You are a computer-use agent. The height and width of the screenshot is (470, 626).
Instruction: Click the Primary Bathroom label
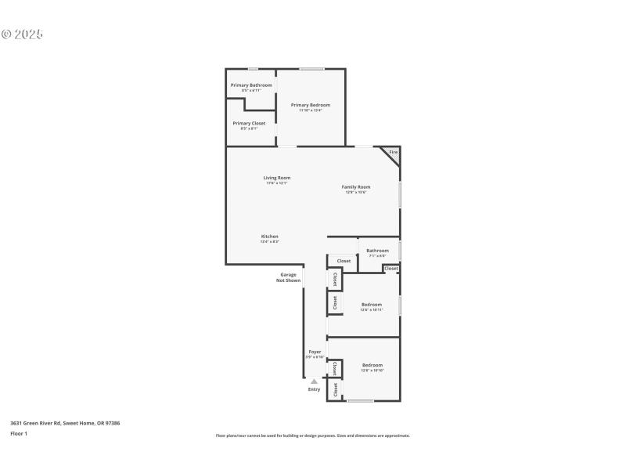pyautogui.click(x=251, y=85)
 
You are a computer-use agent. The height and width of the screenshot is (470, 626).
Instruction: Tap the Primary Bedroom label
pyautogui.click(x=311, y=105)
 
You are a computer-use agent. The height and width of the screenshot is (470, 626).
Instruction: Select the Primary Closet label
pyautogui.click(x=249, y=124)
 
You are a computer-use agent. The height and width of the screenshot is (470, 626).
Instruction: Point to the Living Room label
pyautogui.click(x=277, y=178)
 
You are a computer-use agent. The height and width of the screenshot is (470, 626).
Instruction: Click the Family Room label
pyautogui.click(x=356, y=187)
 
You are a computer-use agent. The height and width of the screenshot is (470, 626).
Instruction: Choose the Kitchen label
pyautogui.click(x=270, y=237)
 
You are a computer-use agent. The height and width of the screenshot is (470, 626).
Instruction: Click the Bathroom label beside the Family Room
pyautogui.click(x=377, y=251)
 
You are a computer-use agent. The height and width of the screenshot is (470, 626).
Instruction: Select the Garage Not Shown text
pyautogui.click(x=288, y=277)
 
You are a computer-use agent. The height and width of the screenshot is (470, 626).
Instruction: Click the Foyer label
pyautogui.click(x=315, y=352)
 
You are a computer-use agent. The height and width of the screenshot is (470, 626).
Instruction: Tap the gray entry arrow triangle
pyautogui.click(x=315, y=381)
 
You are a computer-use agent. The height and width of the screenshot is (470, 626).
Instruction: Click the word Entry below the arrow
pyautogui.click(x=315, y=389)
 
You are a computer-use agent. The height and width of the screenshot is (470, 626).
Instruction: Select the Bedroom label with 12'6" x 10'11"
pyautogui.click(x=372, y=305)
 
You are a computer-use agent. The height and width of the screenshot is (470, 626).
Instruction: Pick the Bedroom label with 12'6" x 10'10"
pyautogui.click(x=372, y=366)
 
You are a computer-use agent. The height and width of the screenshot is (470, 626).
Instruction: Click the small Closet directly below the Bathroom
pyautogui.click(x=391, y=269)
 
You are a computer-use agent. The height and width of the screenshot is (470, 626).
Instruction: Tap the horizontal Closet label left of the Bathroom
pyautogui.click(x=344, y=261)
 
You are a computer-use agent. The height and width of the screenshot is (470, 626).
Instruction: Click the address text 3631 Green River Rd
pyautogui.click(x=65, y=423)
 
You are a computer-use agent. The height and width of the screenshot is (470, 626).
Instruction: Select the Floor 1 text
pyautogui.click(x=19, y=433)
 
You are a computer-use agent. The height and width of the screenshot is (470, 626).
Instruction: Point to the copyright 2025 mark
pyautogui.click(x=22, y=34)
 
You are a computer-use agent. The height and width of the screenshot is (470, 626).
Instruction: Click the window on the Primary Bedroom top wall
pyautogui.click(x=312, y=69)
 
